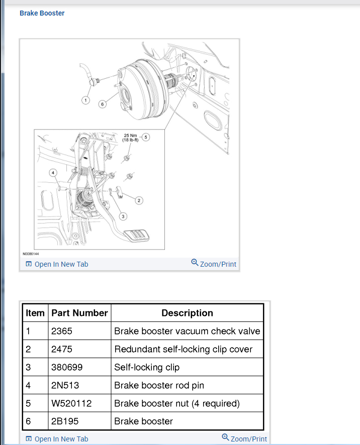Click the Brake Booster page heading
(42, 13)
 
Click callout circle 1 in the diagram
(85, 100)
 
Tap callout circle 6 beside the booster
(102, 104)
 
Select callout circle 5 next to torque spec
(146, 136)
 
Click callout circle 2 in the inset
(139, 200)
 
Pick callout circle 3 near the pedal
(122, 216)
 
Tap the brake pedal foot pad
(135, 236)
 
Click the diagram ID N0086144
(31, 254)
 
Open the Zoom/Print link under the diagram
(214, 264)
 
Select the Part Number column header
(79, 313)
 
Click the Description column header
(187, 313)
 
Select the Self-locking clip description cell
(147, 367)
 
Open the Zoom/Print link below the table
(244, 438)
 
